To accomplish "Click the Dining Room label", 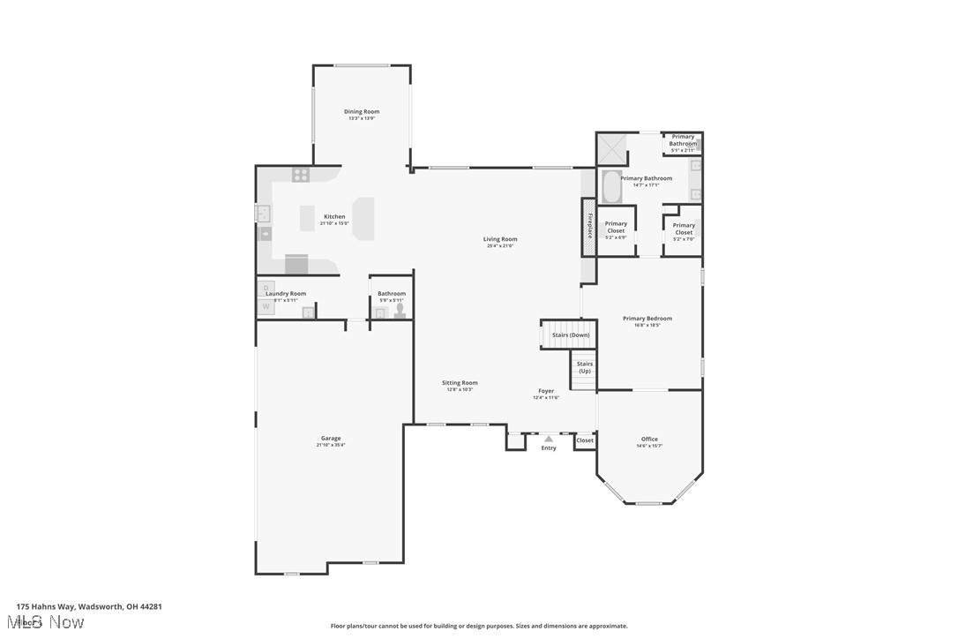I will pos(362,111).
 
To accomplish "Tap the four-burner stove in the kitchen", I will pos(301,175).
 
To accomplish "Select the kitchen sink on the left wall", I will pos(263,214).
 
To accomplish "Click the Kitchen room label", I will pos(334,216).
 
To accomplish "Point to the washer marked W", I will pos(266,307).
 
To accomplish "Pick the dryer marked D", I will pos(266,288).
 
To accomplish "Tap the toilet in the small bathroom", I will pos(400,310).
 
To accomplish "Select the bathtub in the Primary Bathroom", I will pos(610,187).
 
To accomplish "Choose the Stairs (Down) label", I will pos(571,335).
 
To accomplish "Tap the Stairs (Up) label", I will pos(585,367).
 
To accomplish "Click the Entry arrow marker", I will pos(549,438).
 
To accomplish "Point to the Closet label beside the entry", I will pos(585,440).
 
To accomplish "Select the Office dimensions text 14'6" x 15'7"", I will pos(649,446).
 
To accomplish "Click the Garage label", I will pos(331,438).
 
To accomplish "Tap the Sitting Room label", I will pos(460,382).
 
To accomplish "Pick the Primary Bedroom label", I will pos(647,318).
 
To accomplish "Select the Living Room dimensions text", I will pos(500,246).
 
